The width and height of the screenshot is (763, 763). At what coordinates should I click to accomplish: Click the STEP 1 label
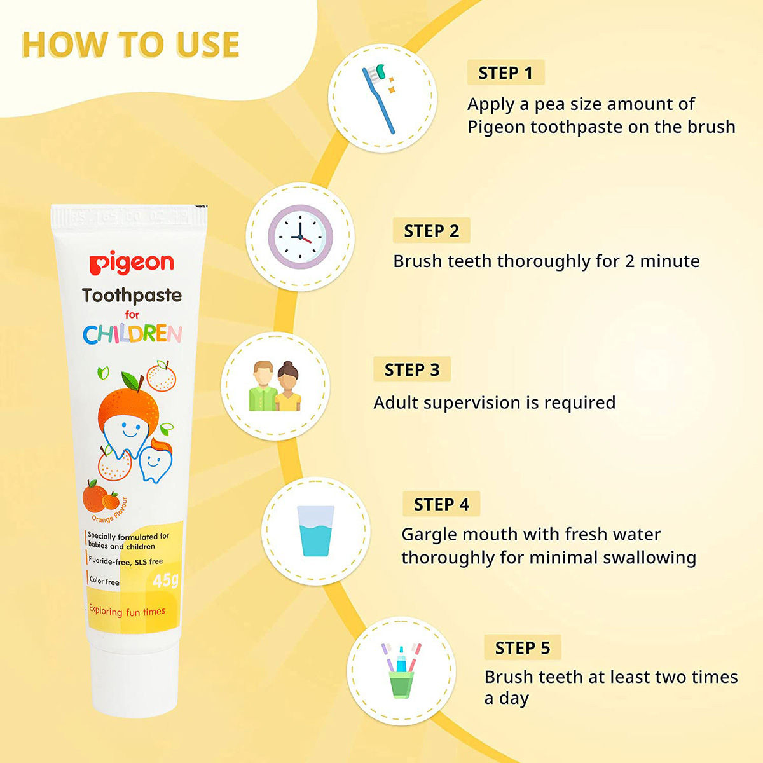click(x=505, y=73)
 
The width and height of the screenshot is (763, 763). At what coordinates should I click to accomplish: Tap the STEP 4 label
click(x=441, y=504)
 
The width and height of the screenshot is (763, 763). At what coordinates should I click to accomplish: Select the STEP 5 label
click(x=522, y=648)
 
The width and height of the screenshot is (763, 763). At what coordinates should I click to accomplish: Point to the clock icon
click(x=300, y=237)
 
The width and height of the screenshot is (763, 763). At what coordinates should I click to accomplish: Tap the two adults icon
click(x=275, y=386)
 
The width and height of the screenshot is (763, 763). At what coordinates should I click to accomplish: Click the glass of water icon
click(x=315, y=531)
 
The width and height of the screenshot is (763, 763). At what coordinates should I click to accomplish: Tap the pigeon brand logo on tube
click(x=131, y=263)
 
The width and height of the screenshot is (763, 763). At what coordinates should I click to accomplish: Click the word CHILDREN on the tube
click(x=132, y=334)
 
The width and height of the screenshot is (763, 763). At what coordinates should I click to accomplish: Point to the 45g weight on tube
click(x=165, y=580)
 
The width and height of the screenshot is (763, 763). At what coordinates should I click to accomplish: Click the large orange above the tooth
click(x=128, y=404)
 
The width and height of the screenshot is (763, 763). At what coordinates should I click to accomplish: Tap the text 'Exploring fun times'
click(x=127, y=612)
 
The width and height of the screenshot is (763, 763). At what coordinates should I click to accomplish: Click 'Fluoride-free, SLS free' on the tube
click(x=125, y=561)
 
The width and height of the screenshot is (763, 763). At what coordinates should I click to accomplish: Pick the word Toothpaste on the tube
click(x=132, y=295)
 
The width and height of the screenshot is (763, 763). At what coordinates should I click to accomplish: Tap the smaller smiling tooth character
click(x=155, y=461)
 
